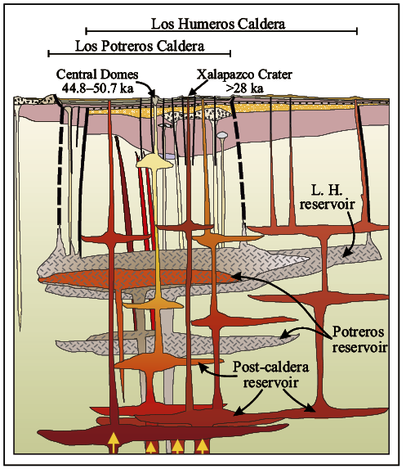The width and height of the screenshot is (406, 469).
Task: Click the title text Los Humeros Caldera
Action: pos(218,24)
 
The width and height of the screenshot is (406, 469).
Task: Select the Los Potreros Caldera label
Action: pos(140,46)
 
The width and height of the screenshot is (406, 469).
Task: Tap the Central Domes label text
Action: pos(97,74)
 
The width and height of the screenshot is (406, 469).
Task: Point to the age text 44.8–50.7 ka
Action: pos(97,88)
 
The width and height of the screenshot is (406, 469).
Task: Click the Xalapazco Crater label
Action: pos(244,74)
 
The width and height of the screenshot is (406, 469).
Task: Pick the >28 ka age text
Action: pos(245,88)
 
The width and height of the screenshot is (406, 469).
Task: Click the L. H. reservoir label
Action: pos(328,196)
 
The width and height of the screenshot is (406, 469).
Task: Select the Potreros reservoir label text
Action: pos(359,339)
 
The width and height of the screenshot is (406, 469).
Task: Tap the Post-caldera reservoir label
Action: pos(270,375)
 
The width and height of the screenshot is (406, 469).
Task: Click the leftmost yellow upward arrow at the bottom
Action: pos(114,442)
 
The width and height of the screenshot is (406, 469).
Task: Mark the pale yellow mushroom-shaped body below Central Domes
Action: pos(154,161)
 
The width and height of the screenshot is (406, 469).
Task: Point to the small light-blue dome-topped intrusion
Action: pos(222,135)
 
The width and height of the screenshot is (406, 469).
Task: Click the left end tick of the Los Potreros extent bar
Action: pos(49,53)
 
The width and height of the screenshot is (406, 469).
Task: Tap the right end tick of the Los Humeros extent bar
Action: pos(357,31)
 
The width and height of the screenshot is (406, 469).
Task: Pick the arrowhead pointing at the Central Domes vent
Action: pos(153,92)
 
